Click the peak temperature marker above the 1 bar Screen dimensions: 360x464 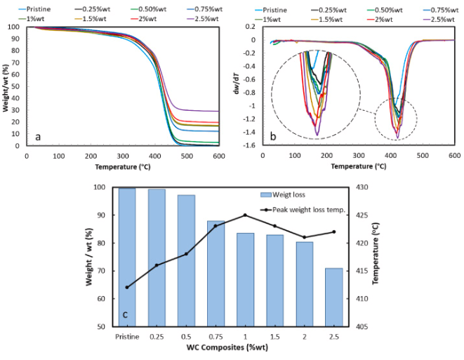point(245,215)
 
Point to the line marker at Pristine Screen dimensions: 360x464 point(127,287)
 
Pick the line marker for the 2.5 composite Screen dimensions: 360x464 point(333,232)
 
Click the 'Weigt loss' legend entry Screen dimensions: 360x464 point(290,194)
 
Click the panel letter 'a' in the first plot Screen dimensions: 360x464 point(35,136)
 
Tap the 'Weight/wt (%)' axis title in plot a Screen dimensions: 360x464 point(6,86)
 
